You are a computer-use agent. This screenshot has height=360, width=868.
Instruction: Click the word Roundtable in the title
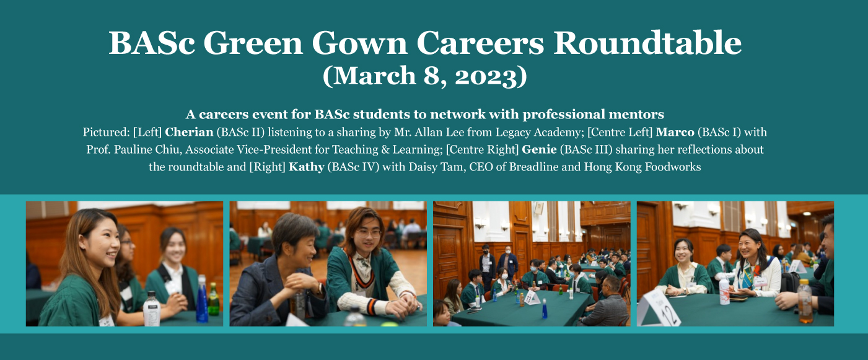click(x=647, y=43)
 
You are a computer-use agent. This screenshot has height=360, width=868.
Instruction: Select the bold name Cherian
click(x=189, y=132)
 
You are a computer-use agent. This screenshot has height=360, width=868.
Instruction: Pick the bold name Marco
click(x=675, y=132)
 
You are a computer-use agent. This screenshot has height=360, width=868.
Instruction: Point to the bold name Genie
click(x=539, y=149)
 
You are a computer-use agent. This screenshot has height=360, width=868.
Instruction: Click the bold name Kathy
click(x=306, y=167)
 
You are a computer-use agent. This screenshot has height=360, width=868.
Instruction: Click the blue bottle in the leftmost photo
click(x=201, y=299)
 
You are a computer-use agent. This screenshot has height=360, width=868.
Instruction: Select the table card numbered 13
click(x=532, y=297)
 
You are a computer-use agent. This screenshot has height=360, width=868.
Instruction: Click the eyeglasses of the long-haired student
click(x=369, y=234)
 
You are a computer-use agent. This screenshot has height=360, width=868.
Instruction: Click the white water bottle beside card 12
click(x=724, y=291)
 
